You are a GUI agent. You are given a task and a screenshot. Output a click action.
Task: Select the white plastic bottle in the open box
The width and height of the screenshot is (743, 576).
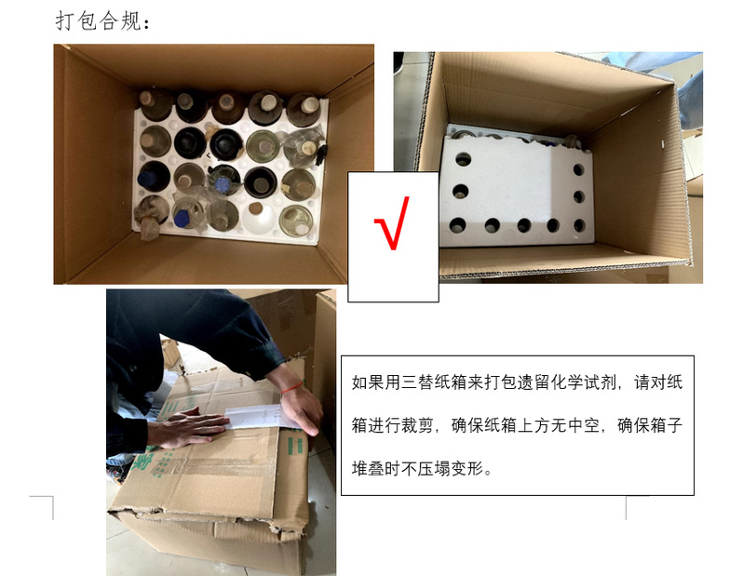(257, 217)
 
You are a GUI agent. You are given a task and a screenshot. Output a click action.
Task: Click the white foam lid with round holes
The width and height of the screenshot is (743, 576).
(517, 191)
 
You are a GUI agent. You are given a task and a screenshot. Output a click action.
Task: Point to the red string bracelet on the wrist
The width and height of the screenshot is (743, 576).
(292, 387)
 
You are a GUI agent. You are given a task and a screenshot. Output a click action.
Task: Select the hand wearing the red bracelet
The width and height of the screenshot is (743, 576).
(300, 408)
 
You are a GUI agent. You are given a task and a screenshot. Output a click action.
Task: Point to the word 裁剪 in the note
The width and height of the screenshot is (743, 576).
(416, 425)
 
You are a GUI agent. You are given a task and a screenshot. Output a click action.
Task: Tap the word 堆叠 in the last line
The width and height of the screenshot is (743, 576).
(368, 468)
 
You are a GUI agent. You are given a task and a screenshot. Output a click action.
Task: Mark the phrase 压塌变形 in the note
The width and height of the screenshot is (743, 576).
(450, 468)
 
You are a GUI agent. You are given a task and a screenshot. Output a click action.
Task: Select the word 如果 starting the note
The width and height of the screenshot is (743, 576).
(368, 382)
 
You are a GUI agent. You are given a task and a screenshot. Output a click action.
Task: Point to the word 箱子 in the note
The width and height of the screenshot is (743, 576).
(667, 425)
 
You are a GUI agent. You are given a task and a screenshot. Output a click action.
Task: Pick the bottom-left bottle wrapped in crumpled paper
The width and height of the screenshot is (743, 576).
(151, 217)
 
